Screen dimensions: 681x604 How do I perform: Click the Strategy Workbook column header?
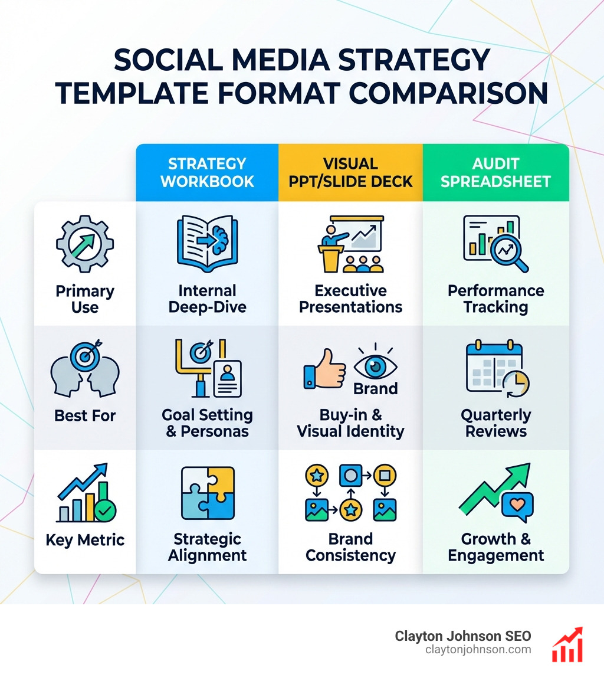click(207, 172)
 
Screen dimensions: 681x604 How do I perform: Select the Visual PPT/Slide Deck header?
click(351, 172)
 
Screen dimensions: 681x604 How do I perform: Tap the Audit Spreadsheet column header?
click(495, 172)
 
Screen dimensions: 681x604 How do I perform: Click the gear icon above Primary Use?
click(85, 244)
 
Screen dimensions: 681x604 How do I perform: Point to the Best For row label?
click(85, 415)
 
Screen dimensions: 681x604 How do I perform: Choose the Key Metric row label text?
click(85, 540)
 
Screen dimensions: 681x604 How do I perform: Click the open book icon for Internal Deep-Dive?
click(207, 243)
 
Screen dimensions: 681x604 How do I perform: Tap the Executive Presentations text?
click(351, 299)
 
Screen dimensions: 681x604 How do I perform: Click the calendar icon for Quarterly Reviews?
click(495, 369)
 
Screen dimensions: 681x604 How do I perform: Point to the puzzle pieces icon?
click(207, 493)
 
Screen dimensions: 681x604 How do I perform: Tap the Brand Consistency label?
click(351, 547)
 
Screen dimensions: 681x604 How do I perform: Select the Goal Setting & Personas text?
click(207, 423)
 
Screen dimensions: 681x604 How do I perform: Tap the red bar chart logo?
click(567, 644)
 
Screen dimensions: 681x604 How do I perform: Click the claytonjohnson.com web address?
click(478, 650)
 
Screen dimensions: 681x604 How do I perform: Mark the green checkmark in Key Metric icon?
click(106, 511)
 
